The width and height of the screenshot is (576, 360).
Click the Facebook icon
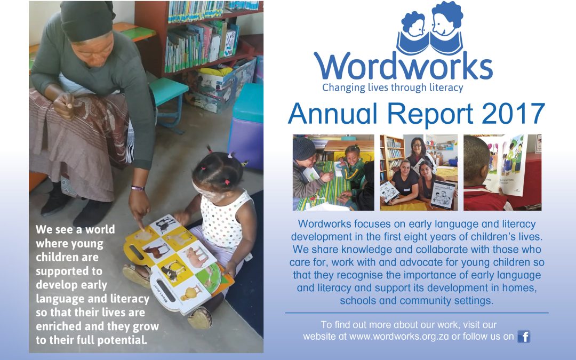tap(524, 337)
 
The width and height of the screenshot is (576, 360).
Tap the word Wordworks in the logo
tap(403, 66)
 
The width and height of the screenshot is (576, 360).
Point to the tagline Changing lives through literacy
tap(393, 88)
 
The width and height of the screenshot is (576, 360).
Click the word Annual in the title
tap(333, 114)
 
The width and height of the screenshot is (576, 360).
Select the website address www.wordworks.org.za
tap(399, 337)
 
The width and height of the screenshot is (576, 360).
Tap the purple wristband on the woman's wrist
tap(138, 188)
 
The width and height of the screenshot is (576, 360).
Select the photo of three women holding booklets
tap(419, 172)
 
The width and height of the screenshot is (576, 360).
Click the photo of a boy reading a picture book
tap(502, 172)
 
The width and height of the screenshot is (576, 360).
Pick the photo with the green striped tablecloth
tap(333, 172)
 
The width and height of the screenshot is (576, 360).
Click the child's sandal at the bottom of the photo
tap(200, 318)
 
